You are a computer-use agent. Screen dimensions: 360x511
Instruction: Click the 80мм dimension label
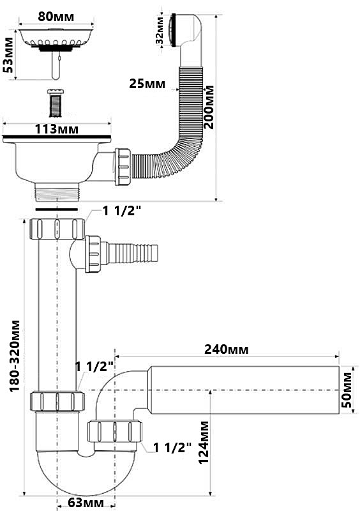coord(56,17)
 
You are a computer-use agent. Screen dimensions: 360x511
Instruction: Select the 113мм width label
coord(57,130)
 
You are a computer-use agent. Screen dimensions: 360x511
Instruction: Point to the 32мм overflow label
coord(160,30)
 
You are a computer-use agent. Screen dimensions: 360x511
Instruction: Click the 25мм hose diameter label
coord(147,84)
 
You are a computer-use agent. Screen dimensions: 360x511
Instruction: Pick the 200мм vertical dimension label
coord(209,107)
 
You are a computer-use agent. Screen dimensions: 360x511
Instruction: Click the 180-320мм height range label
coord(15,356)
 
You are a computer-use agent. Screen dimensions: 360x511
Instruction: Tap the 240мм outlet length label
coord(227,349)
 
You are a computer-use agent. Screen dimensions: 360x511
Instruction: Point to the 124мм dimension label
coord(204,442)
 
